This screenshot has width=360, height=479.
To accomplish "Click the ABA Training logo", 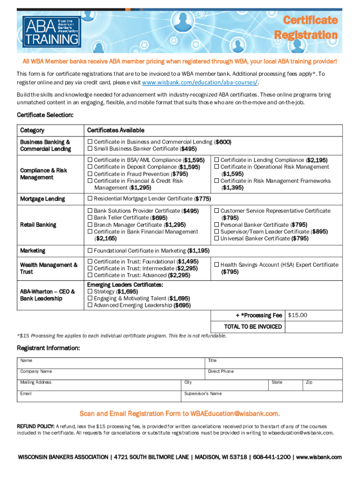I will click(x=51, y=31).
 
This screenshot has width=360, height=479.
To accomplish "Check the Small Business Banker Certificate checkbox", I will click(x=90, y=149).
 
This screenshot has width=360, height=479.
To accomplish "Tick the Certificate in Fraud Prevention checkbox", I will click(x=90, y=174).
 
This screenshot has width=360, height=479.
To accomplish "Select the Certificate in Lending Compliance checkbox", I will click(x=217, y=160).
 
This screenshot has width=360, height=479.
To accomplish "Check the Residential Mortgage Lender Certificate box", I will click(x=90, y=199).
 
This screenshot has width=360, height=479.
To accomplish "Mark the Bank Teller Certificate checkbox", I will click(x=90, y=218).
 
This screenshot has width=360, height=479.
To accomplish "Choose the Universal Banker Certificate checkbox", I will click(x=217, y=239).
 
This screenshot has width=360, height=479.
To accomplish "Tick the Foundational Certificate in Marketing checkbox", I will click(x=90, y=251).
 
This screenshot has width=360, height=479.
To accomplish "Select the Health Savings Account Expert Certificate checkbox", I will click(x=217, y=265).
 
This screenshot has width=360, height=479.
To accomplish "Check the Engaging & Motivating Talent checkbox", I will click(x=90, y=298).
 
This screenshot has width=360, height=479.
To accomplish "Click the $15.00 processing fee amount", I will click(x=297, y=315).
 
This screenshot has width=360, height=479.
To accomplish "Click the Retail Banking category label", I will click(x=38, y=225).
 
